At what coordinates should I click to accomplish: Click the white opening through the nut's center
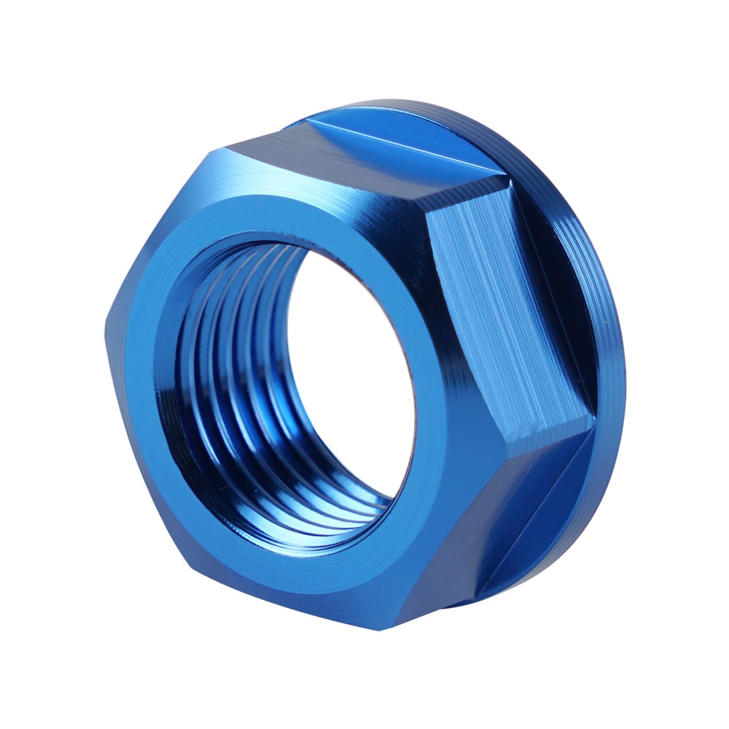350,364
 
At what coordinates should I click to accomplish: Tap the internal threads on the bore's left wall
219,379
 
